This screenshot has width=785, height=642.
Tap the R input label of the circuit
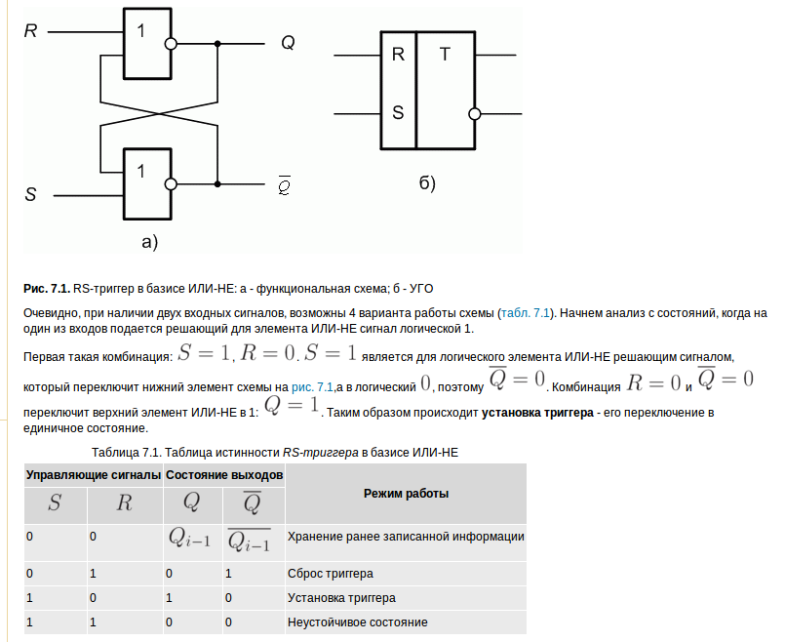(x=30, y=31)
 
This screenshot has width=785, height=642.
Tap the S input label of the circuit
(x=30, y=194)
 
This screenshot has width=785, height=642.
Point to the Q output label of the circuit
(x=288, y=43)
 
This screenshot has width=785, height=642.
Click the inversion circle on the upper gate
(x=171, y=44)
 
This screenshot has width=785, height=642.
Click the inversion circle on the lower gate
(x=171, y=183)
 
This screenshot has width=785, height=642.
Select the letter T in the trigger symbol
(x=445, y=55)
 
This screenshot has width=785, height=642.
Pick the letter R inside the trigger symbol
(x=398, y=55)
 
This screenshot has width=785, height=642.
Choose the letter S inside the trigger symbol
(x=398, y=111)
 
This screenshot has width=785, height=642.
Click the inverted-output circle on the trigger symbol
(x=475, y=113)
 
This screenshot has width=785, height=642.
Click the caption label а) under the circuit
(x=149, y=241)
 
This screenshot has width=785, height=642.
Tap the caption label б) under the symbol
(x=427, y=183)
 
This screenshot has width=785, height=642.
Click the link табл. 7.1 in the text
(x=526, y=313)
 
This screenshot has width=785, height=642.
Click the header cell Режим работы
(x=406, y=494)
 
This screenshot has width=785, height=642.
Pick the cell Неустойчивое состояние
(x=358, y=622)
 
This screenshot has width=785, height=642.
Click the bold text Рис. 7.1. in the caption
(x=46, y=289)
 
